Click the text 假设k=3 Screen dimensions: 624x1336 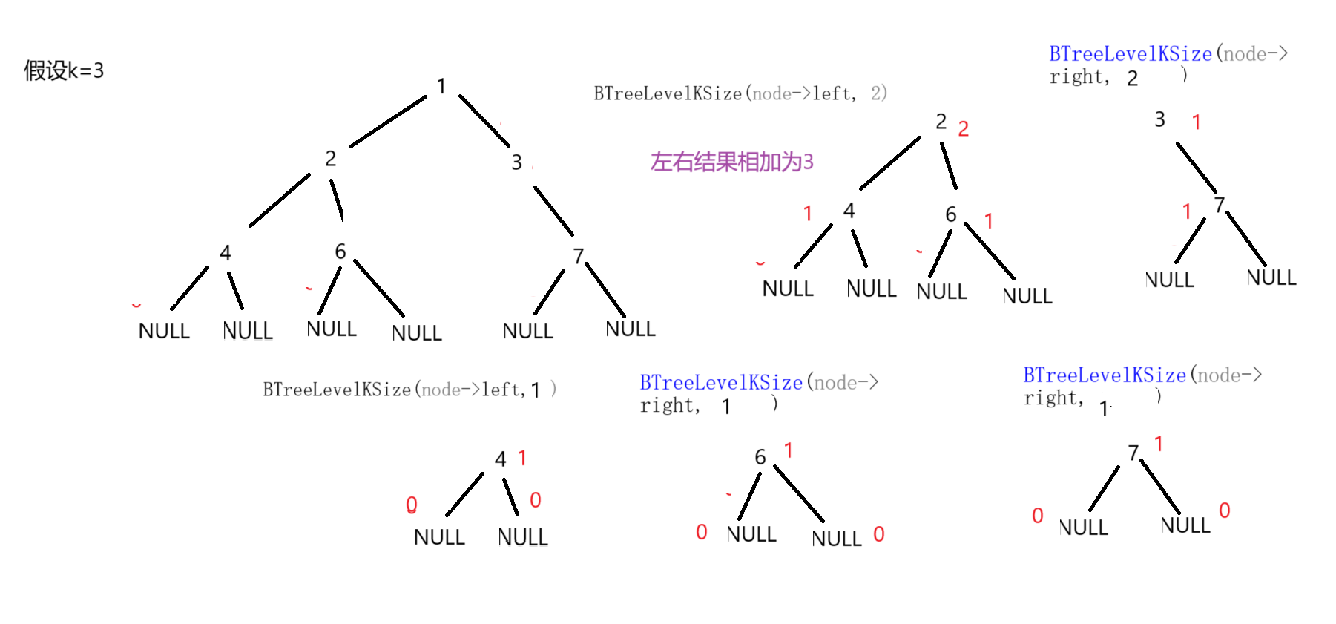[64, 70]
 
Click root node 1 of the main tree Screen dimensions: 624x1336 [441, 86]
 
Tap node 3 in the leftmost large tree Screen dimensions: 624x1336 [517, 162]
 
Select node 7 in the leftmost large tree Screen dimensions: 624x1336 [578, 256]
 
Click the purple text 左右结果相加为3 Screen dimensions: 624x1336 [731, 162]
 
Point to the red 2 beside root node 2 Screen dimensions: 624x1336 [963, 129]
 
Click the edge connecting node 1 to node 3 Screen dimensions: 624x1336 [484, 119]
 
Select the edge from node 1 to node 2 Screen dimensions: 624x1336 [387, 122]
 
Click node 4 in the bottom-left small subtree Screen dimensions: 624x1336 [501, 459]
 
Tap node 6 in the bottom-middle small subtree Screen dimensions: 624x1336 [760, 457]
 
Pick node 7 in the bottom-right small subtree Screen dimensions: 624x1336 [1133, 453]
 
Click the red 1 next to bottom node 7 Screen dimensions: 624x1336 [1158, 444]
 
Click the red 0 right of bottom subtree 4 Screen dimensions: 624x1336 [536, 500]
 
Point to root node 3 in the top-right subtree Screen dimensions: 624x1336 [1160, 119]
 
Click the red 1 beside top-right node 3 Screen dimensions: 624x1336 [1196, 122]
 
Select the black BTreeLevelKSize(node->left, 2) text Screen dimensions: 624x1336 [740, 93]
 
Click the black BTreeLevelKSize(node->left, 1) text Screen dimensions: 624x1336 [409, 390]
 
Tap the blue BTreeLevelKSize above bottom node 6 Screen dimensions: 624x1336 [721, 383]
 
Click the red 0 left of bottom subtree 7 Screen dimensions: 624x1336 [1038, 516]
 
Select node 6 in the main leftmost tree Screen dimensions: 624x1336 [340, 252]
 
